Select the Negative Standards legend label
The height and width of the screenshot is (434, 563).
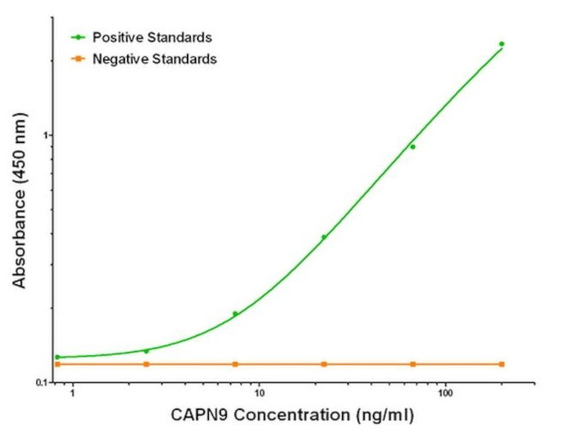point(154,59)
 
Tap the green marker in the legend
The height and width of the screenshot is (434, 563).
point(78,37)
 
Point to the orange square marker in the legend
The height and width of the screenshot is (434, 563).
point(78,59)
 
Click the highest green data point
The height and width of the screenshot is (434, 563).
point(502,43)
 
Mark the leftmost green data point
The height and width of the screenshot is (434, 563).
point(58,357)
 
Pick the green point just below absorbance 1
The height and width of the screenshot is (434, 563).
point(412,146)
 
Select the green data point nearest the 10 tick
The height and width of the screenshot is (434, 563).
point(235,314)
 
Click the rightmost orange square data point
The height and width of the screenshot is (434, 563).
point(502,364)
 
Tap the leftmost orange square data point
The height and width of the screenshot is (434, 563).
point(58,364)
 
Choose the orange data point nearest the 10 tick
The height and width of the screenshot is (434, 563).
point(235,364)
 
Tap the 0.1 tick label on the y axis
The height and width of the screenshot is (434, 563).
point(40,382)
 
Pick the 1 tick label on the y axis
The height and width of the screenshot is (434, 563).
point(45,135)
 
